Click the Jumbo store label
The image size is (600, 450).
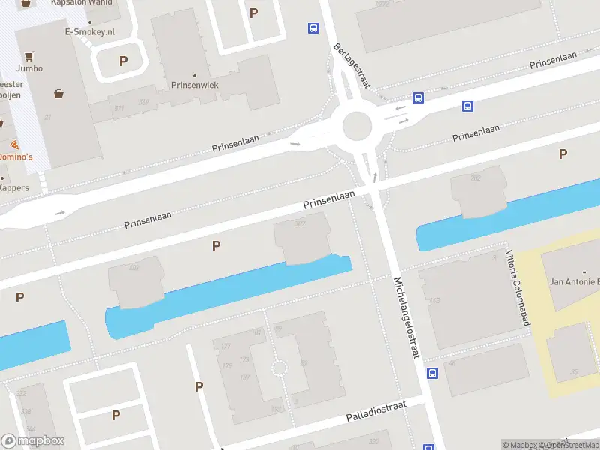pos(29,68)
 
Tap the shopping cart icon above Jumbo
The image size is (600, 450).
pos(29,55)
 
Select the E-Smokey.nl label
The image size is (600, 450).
pos(89,32)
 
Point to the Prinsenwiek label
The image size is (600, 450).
pos(194,85)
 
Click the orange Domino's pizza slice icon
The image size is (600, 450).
pos(14,144)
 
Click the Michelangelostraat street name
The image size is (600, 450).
pos(406,316)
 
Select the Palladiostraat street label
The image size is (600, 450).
pos(376,411)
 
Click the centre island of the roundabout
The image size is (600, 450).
pos(357,126)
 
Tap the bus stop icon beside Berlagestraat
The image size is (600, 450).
pos(313,28)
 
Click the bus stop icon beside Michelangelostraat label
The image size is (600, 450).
pos(432,373)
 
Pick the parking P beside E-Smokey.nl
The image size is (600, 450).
pos(123,61)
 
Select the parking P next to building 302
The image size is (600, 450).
pos(217,245)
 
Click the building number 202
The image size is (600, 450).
pos(475,178)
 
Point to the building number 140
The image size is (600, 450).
pos(434,301)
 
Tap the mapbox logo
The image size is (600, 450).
pos(32,441)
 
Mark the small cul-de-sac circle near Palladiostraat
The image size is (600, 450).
pos(279,367)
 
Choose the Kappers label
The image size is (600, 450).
pos(14,187)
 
